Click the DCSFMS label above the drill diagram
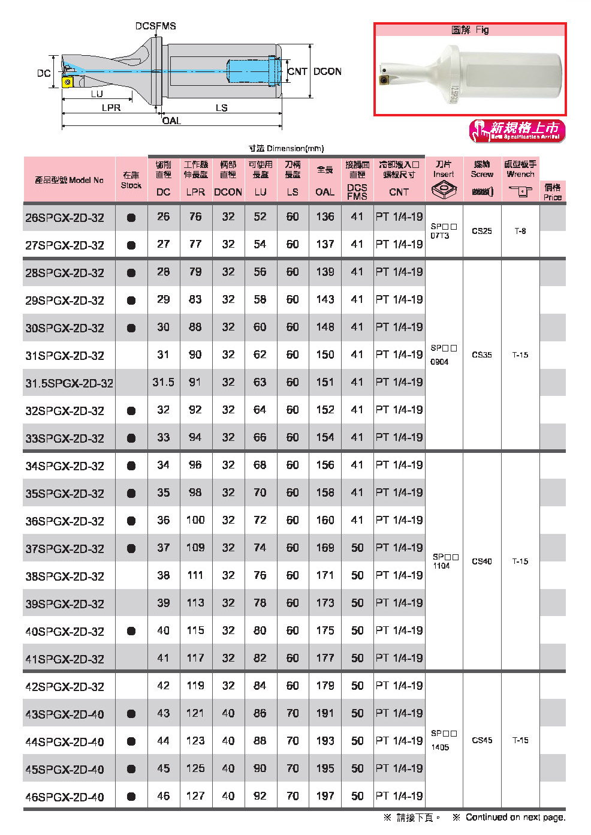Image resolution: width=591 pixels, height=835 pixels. pyautogui.click(x=155, y=26)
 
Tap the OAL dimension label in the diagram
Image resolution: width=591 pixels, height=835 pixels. pyautogui.click(x=171, y=121)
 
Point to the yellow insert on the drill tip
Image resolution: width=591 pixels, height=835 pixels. pyautogui.click(x=68, y=82)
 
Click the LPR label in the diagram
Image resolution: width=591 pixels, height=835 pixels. pyautogui.click(x=111, y=108)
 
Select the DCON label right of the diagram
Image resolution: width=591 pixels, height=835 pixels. pyautogui.click(x=327, y=71)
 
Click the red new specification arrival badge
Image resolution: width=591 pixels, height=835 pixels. pyautogui.click(x=517, y=131)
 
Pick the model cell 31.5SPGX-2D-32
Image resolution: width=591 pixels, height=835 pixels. pyautogui.click(x=69, y=383)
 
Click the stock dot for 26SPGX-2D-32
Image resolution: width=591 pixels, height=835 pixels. pyautogui.click(x=131, y=218)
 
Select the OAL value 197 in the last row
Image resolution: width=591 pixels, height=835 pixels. pyautogui.click(x=325, y=796)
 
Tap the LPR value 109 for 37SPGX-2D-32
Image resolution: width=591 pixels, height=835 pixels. pyautogui.click(x=195, y=548)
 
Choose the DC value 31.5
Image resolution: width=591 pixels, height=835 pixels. pyautogui.click(x=163, y=382)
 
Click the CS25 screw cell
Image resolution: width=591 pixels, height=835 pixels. pyautogui.click(x=482, y=231)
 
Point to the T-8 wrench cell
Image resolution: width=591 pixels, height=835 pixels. pyautogui.click(x=520, y=231)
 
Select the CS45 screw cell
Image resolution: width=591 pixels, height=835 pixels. pyautogui.click(x=482, y=740)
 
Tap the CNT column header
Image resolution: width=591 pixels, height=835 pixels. pyautogui.click(x=399, y=192)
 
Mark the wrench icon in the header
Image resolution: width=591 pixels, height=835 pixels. pyautogui.click(x=520, y=191)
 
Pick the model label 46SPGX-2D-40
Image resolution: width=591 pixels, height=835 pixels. pyautogui.click(x=65, y=797)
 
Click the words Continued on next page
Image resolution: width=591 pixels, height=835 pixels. pyautogui.click(x=515, y=817)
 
